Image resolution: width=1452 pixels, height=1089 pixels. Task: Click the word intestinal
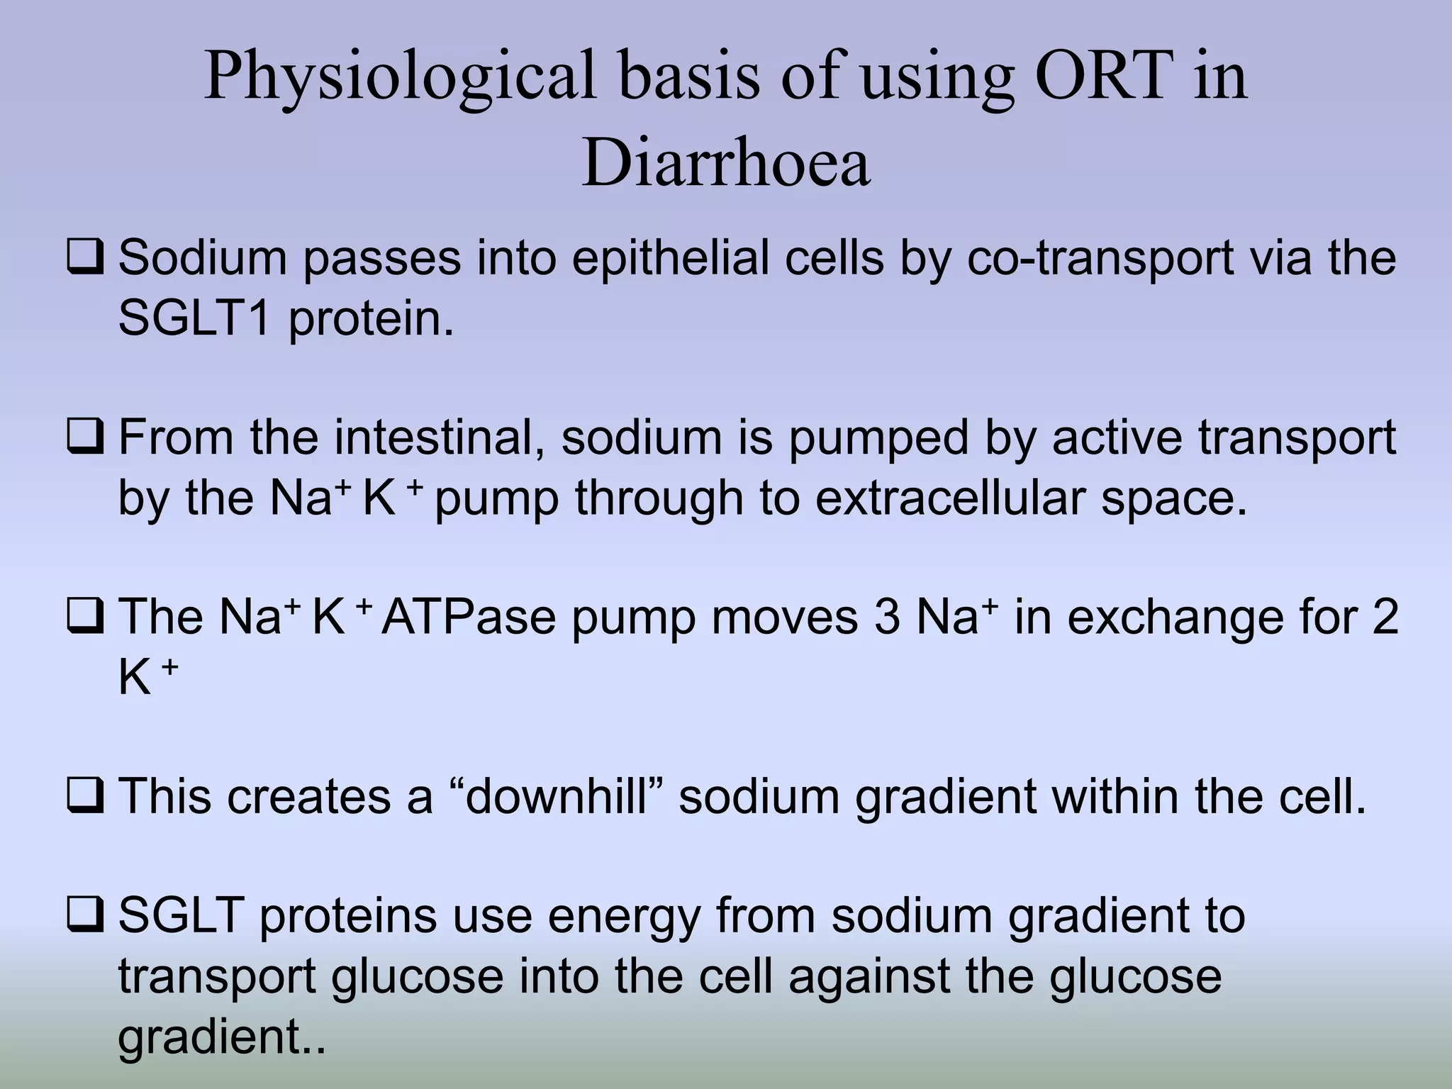[x=440, y=437]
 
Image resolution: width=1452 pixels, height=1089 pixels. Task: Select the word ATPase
[x=469, y=616]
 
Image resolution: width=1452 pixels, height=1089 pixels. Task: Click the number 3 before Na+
[x=887, y=616]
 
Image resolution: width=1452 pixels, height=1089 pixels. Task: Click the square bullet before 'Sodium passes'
[x=86, y=258]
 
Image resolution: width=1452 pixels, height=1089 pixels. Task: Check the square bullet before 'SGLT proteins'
[x=86, y=917]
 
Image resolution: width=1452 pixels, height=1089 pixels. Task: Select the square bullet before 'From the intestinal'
[x=86, y=438]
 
